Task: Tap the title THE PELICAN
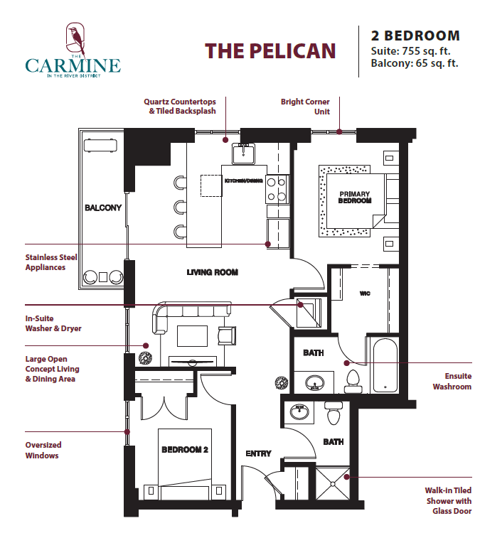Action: coord(270,51)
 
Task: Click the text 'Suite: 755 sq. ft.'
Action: coord(410,51)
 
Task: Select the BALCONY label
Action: coord(103,208)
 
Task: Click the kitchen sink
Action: coord(243,154)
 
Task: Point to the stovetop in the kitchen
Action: coord(277,189)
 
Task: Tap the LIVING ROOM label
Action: coord(213,272)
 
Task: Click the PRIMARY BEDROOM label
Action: coord(355,197)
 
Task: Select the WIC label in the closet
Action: coord(365,294)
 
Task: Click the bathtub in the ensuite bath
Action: coord(385,365)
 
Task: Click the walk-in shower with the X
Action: coord(333,484)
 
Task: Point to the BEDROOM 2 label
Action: coord(185,450)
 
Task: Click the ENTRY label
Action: coord(258,453)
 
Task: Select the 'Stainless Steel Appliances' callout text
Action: coord(51,262)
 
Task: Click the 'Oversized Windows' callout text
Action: coord(43,450)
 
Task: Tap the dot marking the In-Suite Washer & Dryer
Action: coord(301,305)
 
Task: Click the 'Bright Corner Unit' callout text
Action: coord(305,107)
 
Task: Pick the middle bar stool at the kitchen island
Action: coord(180,207)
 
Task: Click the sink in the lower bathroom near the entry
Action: coord(299,411)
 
